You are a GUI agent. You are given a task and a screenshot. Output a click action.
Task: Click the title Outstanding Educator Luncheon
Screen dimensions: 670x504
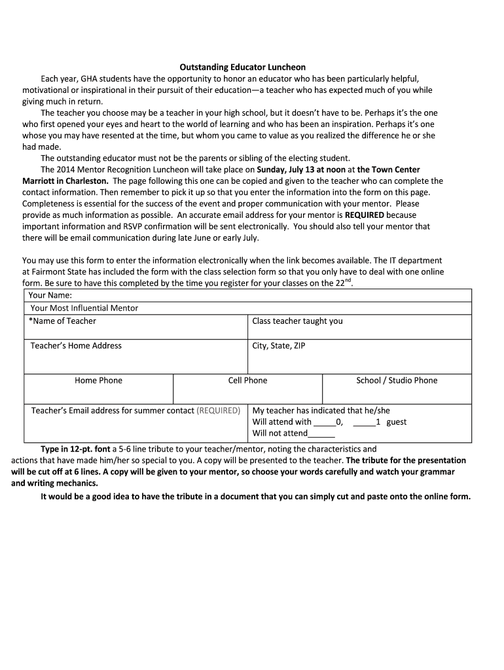pos(243,67)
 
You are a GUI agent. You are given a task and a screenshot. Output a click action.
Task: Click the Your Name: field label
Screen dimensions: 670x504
pos(50,295)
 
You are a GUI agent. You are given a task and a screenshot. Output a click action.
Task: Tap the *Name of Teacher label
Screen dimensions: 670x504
pos(62,321)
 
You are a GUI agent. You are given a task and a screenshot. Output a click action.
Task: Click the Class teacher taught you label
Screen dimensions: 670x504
pos(297,321)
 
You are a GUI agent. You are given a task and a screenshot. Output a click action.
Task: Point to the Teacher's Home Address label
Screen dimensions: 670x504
pos(76,345)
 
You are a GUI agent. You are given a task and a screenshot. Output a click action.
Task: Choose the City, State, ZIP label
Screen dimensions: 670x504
pos(278,345)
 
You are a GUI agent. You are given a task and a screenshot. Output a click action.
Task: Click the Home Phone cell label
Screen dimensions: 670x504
pos(98,380)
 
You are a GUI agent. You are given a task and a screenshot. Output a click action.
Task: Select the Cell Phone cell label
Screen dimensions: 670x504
pos(247,380)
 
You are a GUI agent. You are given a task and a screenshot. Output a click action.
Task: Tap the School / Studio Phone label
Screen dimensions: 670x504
pos(397,380)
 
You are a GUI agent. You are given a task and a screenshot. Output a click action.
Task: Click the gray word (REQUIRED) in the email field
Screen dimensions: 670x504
pos(218,410)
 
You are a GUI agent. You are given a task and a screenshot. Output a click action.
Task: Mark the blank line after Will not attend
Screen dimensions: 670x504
pos(321,434)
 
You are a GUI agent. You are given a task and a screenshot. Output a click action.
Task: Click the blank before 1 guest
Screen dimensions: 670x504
pos(363,423)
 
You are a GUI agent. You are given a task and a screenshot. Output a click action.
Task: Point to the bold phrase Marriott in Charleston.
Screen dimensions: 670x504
pos(65,181)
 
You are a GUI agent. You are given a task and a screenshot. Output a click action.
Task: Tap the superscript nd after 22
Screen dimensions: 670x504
pos(349,280)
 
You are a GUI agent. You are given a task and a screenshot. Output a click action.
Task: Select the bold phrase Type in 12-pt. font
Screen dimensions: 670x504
pos(75,450)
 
